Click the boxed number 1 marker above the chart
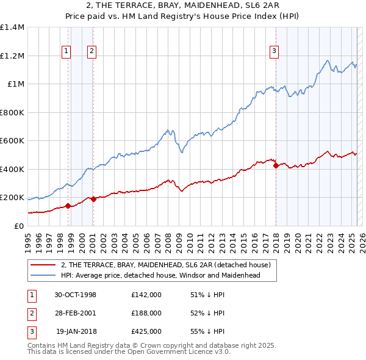[x=65, y=52]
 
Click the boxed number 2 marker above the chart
[x=91, y=52]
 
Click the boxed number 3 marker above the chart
[x=274, y=52]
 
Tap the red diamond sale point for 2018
[x=276, y=165]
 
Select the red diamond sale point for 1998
[x=68, y=206]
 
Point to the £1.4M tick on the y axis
[x=12, y=27]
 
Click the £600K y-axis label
[x=12, y=140]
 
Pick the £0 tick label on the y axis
[x=18, y=226]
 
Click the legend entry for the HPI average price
[x=160, y=275]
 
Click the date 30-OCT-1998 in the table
[x=76, y=295]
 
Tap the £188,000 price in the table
[x=146, y=313]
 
